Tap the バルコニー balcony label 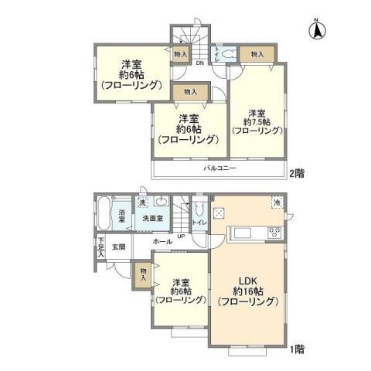tap(220, 167)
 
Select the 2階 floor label tap(297, 174)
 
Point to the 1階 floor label tap(297, 349)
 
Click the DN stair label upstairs tap(199, 63)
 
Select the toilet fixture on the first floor tap(199, 210)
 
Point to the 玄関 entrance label tap(118, 247)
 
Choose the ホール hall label tap(162, 242)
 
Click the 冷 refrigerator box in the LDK tap(277, 203)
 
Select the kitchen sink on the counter tap(241, 233)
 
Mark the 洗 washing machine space tap(141, 203)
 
